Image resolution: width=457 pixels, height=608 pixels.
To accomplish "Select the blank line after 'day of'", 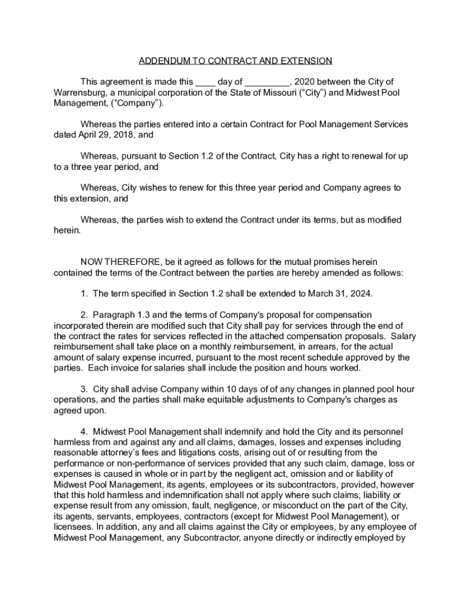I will [x=266, y=82].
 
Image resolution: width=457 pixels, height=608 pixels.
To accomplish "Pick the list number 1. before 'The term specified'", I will [x=85, y=294].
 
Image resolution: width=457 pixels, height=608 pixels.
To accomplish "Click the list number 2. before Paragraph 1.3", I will [x=85, y=315].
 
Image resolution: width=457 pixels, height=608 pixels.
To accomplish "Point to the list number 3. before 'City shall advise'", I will [x=85, y=389].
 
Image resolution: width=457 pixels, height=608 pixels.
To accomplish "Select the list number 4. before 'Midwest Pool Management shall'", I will [x=85, y=432].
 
